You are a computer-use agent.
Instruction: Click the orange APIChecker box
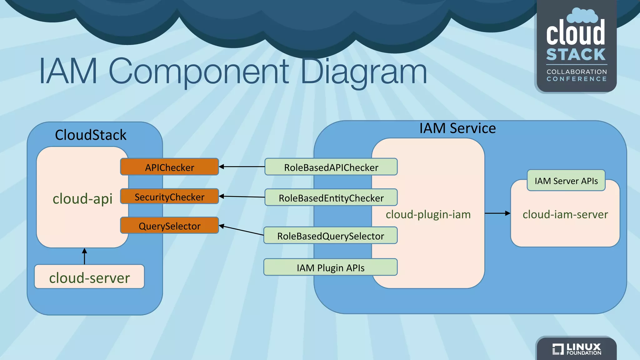point(169,167)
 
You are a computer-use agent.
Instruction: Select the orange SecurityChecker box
point(169,197)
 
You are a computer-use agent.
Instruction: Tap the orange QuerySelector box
point(169,225)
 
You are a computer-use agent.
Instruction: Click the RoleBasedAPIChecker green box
point(331,167)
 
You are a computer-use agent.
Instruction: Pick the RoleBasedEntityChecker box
point(331,197)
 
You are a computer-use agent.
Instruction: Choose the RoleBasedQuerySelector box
point(330,236)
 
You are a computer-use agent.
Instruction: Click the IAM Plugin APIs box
point(330,267)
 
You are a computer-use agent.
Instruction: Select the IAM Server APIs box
point(566,181)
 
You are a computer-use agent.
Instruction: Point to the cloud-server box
point(89,277)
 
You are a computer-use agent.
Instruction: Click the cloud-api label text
point(82,199)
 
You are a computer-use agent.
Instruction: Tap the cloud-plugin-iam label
point(428,214)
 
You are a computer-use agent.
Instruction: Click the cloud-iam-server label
point(565,214)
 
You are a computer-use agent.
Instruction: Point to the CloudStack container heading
point(91,135)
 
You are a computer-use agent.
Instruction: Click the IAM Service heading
point(457,128)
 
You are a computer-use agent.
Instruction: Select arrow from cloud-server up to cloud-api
point(84,256)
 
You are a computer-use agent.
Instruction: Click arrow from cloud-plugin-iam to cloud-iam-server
point(497,213)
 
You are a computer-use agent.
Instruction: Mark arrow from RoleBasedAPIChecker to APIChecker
point(242,167)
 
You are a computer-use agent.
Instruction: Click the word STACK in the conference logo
point(576,55)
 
